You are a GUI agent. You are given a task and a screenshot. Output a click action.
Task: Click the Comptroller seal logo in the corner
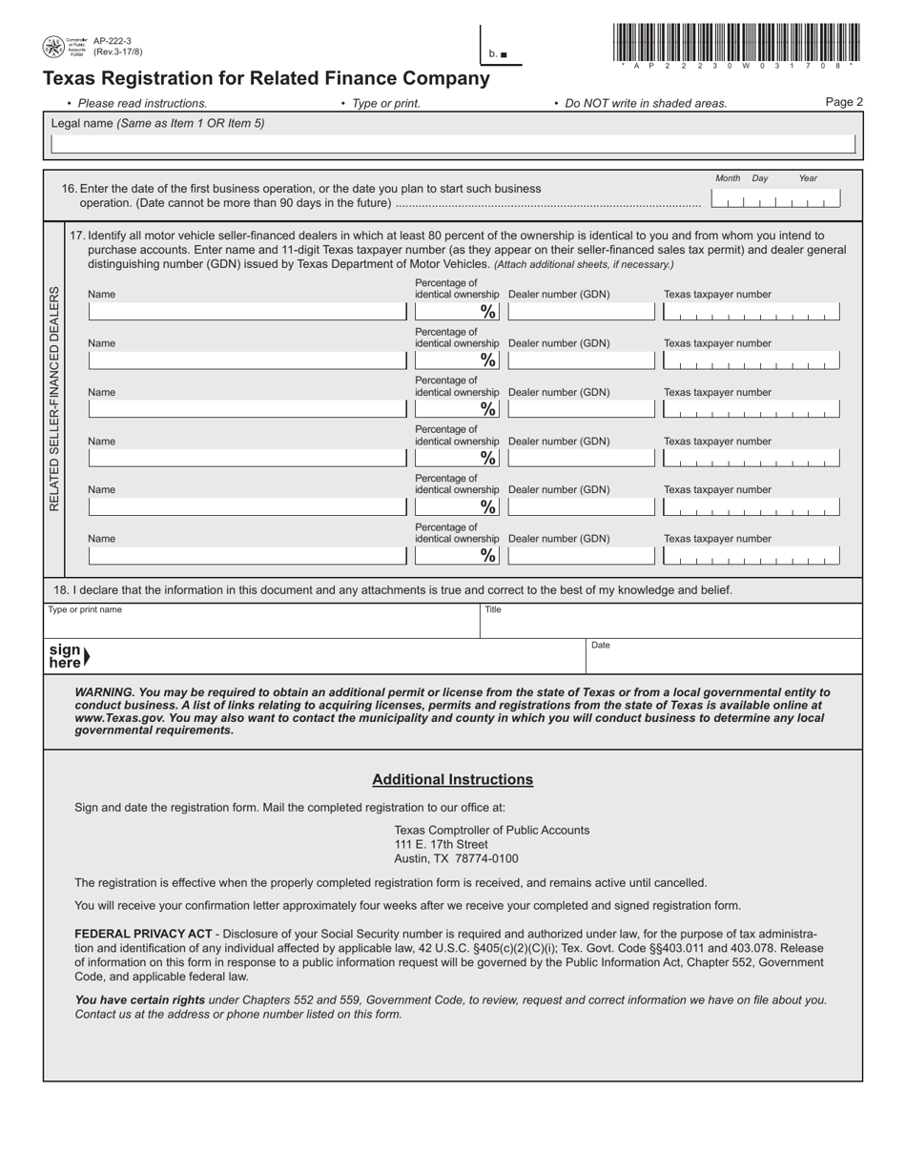tap(53, 47)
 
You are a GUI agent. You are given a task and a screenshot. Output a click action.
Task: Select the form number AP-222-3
tap(113, 41)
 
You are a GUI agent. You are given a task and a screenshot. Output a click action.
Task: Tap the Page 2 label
tap(844, 102)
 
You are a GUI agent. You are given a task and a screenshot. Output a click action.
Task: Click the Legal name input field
tap(453, 144)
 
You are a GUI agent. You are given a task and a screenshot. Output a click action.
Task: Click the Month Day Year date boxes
tap(775, 199)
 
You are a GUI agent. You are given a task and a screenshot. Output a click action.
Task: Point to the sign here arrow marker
tap(86, 656)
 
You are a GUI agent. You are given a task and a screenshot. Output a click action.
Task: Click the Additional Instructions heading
tap(452, 779)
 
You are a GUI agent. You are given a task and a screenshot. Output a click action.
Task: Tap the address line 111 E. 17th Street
tap(442, 844)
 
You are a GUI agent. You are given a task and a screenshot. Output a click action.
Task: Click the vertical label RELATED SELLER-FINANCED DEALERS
tap(53, 399)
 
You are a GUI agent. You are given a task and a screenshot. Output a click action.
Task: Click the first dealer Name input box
tap(247, 312)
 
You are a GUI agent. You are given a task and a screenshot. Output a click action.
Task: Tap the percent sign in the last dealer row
tap(488, 555)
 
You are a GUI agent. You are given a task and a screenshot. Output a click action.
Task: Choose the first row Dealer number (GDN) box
tap(581, 312)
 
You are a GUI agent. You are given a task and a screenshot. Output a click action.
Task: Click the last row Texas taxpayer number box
tap(752, 555)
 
